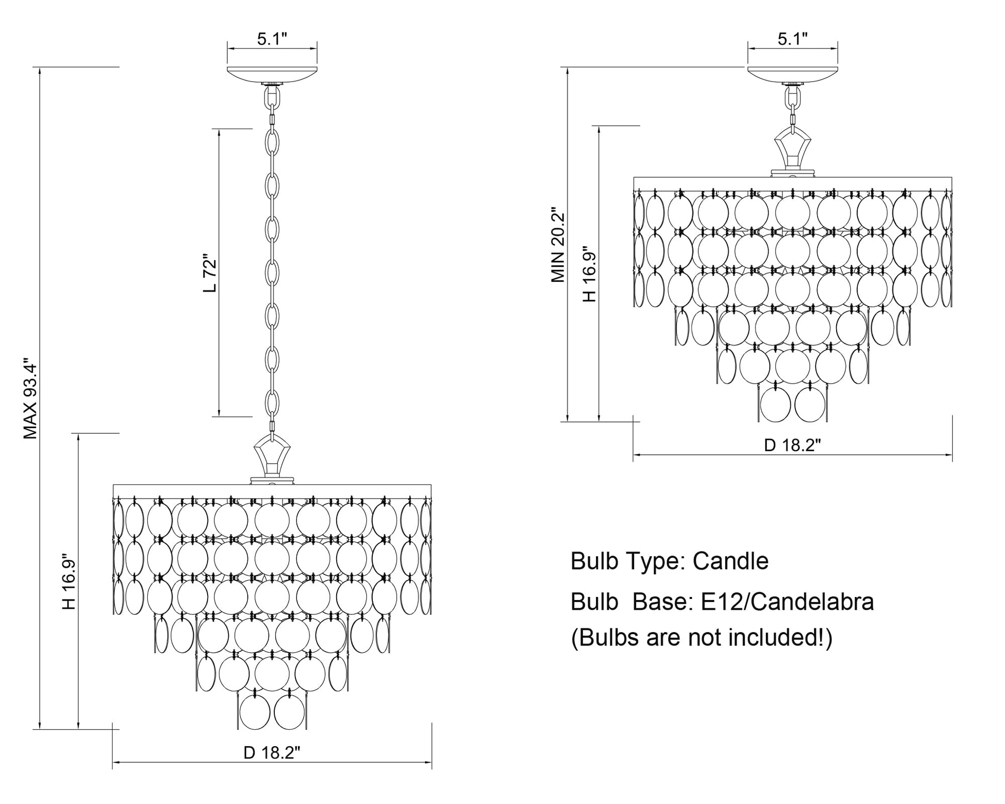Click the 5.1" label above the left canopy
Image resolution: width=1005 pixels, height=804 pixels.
coord(272,39)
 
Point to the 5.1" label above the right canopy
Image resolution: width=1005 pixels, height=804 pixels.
coord(793,39)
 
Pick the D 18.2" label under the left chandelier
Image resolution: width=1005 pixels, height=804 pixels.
coord(272,753)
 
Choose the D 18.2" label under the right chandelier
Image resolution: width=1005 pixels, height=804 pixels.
coord(793,445)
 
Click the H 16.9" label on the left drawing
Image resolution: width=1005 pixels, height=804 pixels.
coord(69,582)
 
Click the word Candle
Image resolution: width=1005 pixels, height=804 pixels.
coord(730,561)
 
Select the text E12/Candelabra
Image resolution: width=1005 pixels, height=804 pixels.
coord(787,602)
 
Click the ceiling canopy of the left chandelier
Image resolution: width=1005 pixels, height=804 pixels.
coord(272,74)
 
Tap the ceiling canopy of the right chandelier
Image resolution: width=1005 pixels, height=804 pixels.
coord(793,74)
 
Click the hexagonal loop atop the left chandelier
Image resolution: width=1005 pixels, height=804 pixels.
coord(272,455)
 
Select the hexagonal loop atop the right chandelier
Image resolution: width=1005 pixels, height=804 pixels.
coord(792,148)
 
